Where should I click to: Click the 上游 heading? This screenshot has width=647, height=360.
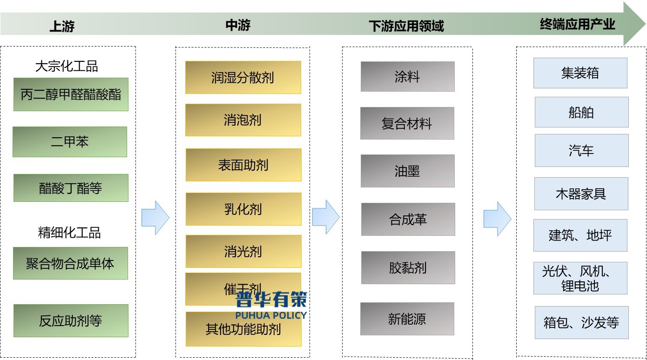pyautogui.click(x=62, y=27)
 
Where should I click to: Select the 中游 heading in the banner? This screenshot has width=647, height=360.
pyautogui.click(x=238, y=25)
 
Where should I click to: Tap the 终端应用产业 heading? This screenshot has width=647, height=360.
pyautogui.click(x=577, y=24)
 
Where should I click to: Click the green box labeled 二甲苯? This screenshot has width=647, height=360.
pyautogui.click(x=70, y=142)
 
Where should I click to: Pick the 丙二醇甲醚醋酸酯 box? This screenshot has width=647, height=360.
pyautogui.click(x=71, y=94)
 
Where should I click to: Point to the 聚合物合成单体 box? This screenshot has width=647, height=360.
pyautogui.click(x=70, y=263)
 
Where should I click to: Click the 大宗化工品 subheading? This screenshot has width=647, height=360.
pyautogui.click(x=67, y=67)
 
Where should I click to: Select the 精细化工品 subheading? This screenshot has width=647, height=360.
pyautogui.click(x=69, y=233)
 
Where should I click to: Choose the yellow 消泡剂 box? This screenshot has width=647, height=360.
pyautogui.click(x=243, y=120)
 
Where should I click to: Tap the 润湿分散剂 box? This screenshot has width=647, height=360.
pyautogui.click(x=243, y=77)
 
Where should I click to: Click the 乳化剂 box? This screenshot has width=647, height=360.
pyautogui.click(x=243, y=209)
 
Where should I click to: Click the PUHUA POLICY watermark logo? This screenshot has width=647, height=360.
pyautogui.click(x=271, y=305)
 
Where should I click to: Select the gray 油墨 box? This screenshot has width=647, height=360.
pyautogui.click(x=407, y=171)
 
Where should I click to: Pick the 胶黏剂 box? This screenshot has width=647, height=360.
pyautogui.click(x=408, y=268)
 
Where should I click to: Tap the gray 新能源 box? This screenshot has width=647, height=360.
pyautogui.click(x=407, y=319)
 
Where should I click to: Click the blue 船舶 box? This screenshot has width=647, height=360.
pyautogui.click(x=581, y=112)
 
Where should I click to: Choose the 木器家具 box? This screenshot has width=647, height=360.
pyautogui.click(x=581, y=193)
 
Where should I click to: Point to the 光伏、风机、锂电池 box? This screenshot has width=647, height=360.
pyautogui.click(x=580, y=278)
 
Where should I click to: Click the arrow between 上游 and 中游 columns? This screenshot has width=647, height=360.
pyautogui.click(x=155, y=218)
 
